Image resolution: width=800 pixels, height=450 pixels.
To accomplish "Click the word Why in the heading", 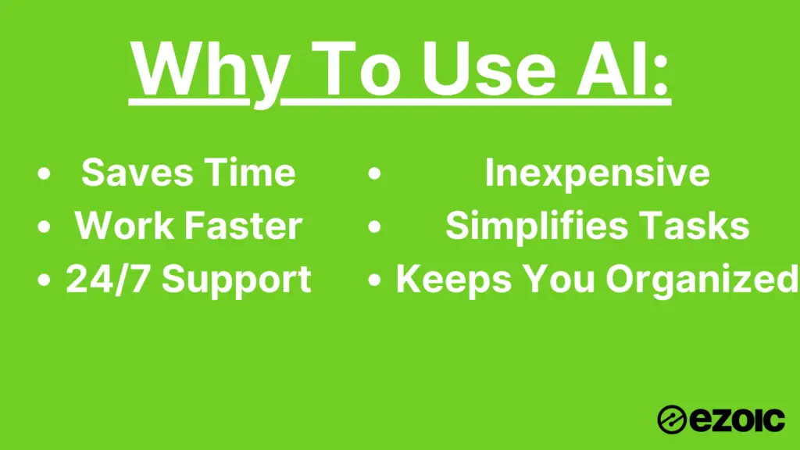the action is [x=209, y=71].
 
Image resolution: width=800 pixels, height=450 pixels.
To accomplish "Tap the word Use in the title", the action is [x=489, y=69].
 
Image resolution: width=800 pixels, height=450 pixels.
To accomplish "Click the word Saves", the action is [x=137, y=173].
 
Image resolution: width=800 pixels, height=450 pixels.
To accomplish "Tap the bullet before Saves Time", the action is [x=45, y=173].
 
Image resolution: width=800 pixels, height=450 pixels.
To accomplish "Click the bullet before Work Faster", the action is [x=45, y=227].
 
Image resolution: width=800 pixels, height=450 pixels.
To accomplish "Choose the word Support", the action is [x=237, y=280].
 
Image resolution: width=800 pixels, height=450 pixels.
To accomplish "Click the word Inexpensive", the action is [x=597, y=173].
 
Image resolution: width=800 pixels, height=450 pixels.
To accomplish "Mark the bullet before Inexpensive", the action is [x=374, y=173].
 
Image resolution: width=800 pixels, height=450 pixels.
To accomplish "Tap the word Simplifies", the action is [x=537, y=226].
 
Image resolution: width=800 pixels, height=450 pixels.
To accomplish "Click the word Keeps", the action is [x=454, y=280].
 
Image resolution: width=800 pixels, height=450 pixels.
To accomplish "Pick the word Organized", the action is [x=702, y=280].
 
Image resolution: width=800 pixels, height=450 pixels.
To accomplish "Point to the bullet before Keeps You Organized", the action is [x=374, y=280].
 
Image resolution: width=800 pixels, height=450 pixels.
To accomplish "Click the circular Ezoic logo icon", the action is [x=671, y=420].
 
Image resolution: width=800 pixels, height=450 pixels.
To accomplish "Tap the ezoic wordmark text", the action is [x=737, y=420].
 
